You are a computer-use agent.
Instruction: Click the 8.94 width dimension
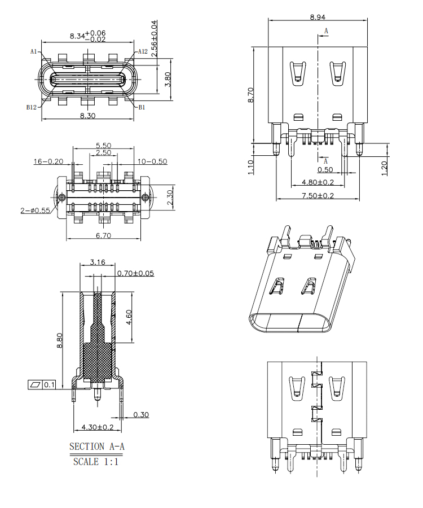coord(317,17)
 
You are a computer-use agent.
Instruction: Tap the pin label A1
coord(33,51)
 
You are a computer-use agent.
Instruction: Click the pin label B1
coord(142,107)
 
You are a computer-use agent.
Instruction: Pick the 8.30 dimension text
coord(87,115)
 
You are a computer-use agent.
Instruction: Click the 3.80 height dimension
coord(168,79)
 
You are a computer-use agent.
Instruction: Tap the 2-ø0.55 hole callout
coord(35,210)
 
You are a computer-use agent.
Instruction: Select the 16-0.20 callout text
coord(48,161)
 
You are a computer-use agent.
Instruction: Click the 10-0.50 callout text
coord(152,161)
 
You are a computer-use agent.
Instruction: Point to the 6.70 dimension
coord(103,235)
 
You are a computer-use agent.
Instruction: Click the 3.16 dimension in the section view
coord(98,262)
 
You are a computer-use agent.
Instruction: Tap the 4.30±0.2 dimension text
coord(98,427)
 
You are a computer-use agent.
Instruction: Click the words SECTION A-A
coord(97,446)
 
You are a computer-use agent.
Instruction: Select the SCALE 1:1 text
coord(96,462)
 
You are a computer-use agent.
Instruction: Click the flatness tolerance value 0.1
coord(50,385)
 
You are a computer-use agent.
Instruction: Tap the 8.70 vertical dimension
coord(251,94)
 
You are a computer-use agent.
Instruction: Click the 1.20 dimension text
coord(385,167)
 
